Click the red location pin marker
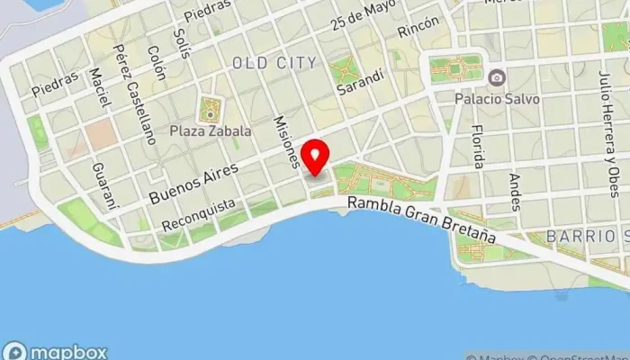click(315, 157)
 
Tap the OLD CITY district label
click(274, 63)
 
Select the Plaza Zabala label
click(210, 131)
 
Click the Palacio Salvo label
click(497, 98)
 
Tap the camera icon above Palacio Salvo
click(497, 78)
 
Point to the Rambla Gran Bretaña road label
click(422, 220)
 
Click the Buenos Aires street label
click(194, 183)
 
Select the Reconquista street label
click(200, 214)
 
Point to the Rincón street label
click(418, 28)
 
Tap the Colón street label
click(157, 63)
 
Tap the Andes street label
click(515, 191)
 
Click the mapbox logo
click(56, 352)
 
